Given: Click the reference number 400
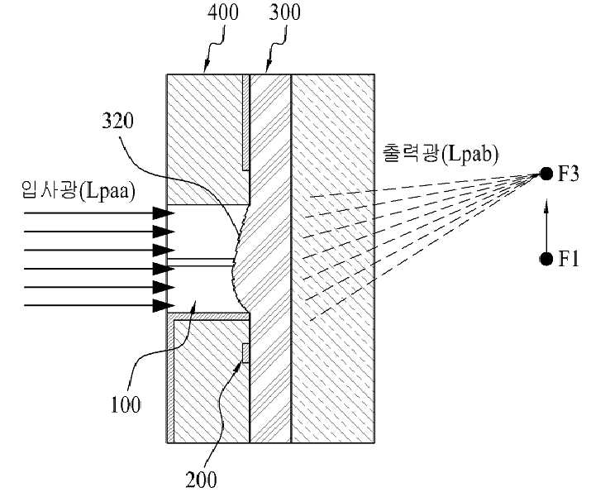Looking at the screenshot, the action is [x=223, y=12].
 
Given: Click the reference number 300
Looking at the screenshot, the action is [x=285, y=12].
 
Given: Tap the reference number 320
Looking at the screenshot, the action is [x=117, y=121].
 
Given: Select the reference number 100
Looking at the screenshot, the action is [x=126, y=404].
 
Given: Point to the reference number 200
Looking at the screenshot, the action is [x=202, y=480].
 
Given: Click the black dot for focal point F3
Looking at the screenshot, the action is [x=546, y=174].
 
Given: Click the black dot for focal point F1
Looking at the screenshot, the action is [x=546, y=259].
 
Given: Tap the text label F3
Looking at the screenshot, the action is [x=568, y=174].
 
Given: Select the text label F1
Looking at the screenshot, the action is [x=568, y=259].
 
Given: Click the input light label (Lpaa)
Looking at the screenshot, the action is [x=79, y=190].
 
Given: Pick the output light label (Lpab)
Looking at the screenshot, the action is [x=441, y=154].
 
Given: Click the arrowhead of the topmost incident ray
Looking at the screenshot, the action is [x=163, y=213].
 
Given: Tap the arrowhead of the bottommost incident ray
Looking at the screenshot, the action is [x=163, y=305].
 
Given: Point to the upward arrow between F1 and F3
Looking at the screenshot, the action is [x=546, y=226].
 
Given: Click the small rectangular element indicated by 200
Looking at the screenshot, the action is [x=245, y=353].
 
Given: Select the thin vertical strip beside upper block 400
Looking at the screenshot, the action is [x=245, y=122].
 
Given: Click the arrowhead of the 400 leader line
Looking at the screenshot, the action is [x=206, y=67].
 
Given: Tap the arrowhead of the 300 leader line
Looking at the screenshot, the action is [x=268, y=67].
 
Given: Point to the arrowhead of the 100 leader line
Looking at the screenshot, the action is [x=193, y=305].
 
